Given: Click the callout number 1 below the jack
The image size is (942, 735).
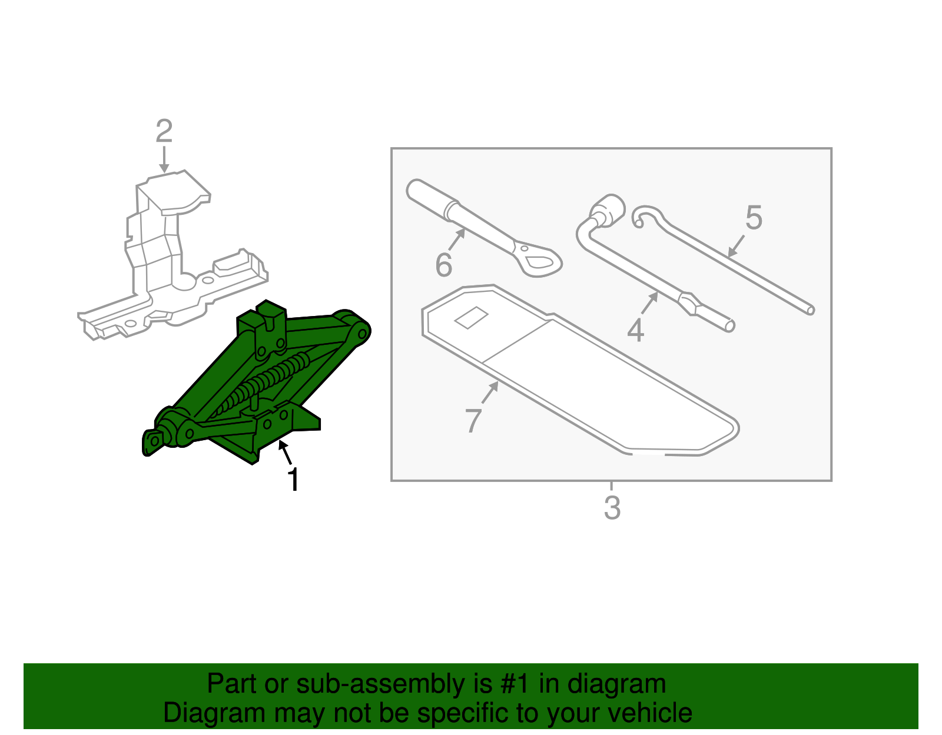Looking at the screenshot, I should [x=293, y=480].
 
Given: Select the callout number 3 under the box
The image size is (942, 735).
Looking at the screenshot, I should [x=612, y=508].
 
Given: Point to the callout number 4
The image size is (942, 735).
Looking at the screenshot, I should [x=635, y=330].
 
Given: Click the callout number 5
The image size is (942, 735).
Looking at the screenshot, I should [x=754, y=218].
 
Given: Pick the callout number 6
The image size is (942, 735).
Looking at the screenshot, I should [x=443, y=265].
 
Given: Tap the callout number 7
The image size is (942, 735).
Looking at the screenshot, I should [x=473, y=420].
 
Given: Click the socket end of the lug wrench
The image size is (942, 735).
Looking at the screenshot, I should [x=608, y=209].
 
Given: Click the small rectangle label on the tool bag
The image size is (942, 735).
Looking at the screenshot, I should [x=472, y=318].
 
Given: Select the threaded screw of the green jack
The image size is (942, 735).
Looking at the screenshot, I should [x=265, y=383].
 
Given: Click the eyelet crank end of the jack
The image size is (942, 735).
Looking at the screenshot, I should [x=153, y=441].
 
